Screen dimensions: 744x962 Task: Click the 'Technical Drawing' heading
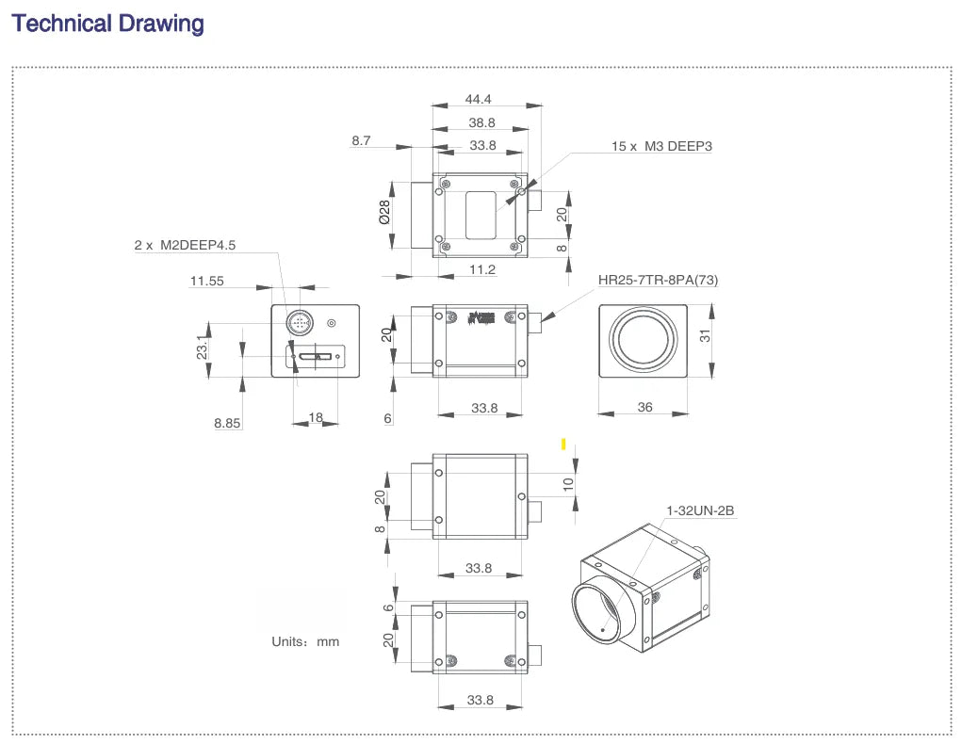pyautogui.click(x=107, y=24)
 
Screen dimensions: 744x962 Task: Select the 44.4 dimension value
pyautogui.click(x=479, y=99)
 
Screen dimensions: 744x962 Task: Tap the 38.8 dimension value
pyautogui.click(x=481, y=122)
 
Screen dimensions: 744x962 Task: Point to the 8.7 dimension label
pyautogui.click(x=361, y=140)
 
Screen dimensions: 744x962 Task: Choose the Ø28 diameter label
pyautogui.click(x=384, y=212)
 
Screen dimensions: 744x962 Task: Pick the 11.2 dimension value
pyautogui.click(x=481, y=269)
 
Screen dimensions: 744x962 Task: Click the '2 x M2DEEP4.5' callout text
pyautogui.click(x=185, y=245)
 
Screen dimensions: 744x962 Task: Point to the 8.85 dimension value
pyautogui.click(x=227, y=424)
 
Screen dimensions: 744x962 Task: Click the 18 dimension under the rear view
pyautogui.click(x=316, y=417)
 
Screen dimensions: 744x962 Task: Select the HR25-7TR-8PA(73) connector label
pyautogui.click(x=658, y=280)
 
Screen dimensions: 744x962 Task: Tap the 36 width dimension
pyautogui.click(x=644, y=408)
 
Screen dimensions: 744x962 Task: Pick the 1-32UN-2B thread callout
pyautogui.click(x=699, y=511)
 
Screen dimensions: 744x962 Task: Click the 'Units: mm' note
pyautogui.click(x=305, y=641)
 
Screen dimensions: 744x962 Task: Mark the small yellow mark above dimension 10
pyautogui.click(x=563, y=444)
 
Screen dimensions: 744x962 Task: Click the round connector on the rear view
pyautogui.click(x=301, y=324)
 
